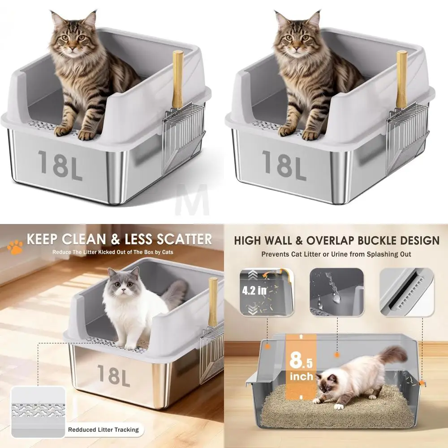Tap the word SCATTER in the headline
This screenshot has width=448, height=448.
[x=178, y=239]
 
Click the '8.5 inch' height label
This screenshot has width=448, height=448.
[x=301, y=365]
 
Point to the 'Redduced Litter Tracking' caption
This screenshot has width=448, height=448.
[x=103, y=430]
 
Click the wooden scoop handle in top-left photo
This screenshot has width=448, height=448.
[x=178, y=79]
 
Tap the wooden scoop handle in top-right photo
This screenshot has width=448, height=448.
[x=401, y=79]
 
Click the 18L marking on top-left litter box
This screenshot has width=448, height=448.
[x=60, y=165]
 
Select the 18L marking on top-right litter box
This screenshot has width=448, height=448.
[x=284, y=165]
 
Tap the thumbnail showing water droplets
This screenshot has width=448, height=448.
[x=336, y=292]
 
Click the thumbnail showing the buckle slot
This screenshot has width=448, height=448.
[x=407, y=292]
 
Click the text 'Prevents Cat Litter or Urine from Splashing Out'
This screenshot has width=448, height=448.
[x=336, y=254]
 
